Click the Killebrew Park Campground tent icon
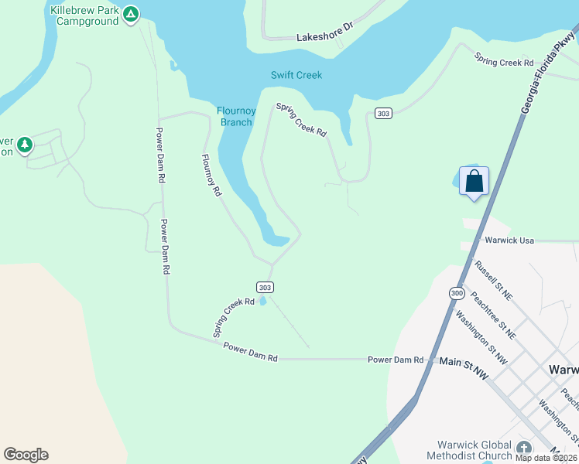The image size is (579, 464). pyautogui.click(x=132, y=14)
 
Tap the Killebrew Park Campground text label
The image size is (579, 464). pyautogui.click(x=84, y=15)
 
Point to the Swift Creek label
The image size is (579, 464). pyautogui.click(x=296, y=75)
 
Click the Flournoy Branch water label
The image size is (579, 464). pyautogui.click(x=235, y=116)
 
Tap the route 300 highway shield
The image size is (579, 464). pyautogui.click(x=457, y=294)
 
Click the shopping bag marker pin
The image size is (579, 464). pyautogui.click(x=474, y=183)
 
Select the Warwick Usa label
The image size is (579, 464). pyautogui.click(x=509, y=241)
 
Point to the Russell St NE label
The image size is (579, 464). pyautogui.click(x=493, y=279)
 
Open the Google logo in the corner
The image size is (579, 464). pyautogui.click(x=26, y=455)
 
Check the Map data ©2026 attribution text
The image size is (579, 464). pyautogui.click(x=546, y=458)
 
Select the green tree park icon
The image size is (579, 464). pyautogui.click(x=25, y=145)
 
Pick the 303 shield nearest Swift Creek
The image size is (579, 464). pyautogui.click(x=382, y=114)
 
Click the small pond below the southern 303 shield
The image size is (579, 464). pyautogui.click(x=264, y=300)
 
